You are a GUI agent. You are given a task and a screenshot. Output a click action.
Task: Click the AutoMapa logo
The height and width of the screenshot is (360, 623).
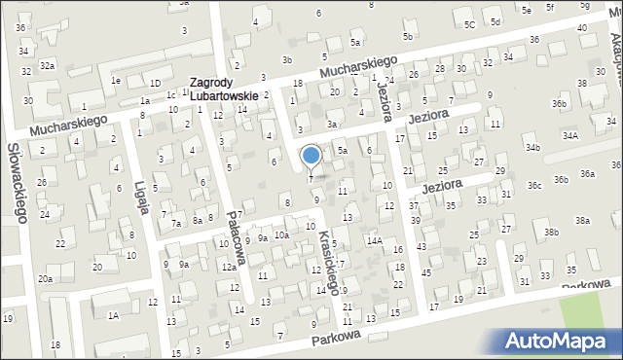click(559, 341)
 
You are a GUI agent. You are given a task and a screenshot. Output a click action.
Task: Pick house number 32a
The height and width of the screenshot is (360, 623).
click(47, 66)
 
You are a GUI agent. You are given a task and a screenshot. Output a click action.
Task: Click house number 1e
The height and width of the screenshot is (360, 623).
click(115, 80)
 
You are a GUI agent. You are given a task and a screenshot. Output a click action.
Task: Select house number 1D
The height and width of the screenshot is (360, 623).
click(155, 83)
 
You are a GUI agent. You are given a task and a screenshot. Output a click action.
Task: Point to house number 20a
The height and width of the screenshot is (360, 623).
click(45, 279)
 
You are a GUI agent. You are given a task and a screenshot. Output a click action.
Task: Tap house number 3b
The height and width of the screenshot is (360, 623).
click(286, 60)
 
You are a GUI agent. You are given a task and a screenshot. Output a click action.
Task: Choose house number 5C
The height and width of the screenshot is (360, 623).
click(469, 23)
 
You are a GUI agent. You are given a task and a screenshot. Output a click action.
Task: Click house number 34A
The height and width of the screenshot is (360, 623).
click(569, 136)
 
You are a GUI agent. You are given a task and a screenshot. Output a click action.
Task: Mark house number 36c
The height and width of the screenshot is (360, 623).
click(534, 185)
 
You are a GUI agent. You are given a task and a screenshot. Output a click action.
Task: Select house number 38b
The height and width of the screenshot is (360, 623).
click(551, 233)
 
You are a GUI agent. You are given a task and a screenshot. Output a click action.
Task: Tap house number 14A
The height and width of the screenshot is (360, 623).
click(374, 239)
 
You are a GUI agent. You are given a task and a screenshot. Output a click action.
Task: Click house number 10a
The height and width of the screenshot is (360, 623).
click(281, 235)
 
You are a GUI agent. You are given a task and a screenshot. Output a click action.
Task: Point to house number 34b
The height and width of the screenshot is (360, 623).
click(532, 147)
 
